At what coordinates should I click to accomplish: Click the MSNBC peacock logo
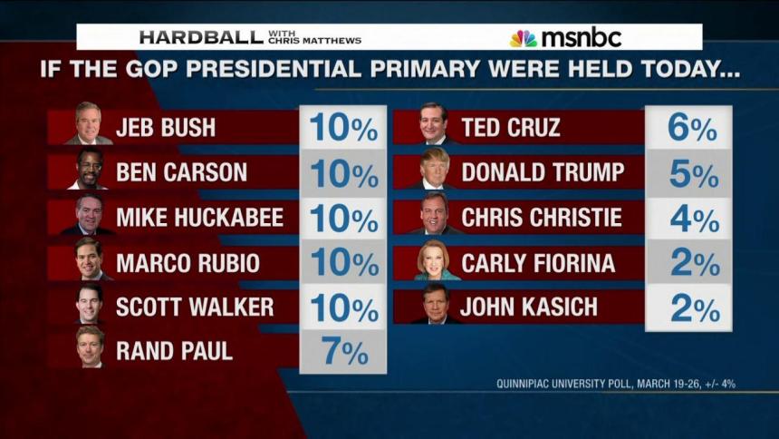[523, 38]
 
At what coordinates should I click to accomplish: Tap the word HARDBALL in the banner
[201, 37]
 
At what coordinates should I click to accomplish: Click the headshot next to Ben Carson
[89, 171]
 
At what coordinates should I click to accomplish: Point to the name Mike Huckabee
[199, 218]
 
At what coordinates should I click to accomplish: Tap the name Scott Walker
[195, 307]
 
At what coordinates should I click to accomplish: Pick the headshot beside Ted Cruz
[435, 125]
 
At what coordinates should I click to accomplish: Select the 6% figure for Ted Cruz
[691, 128]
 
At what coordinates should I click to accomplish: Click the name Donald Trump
[541, 172]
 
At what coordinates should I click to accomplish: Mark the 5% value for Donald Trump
[691, 173]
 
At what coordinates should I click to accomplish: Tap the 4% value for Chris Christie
[691, 219]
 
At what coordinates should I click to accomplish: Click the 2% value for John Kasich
[691, 308]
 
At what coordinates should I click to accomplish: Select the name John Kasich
[529, 307]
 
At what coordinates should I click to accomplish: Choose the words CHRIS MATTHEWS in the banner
[325, 41]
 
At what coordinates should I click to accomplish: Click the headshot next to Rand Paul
[89, 349]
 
